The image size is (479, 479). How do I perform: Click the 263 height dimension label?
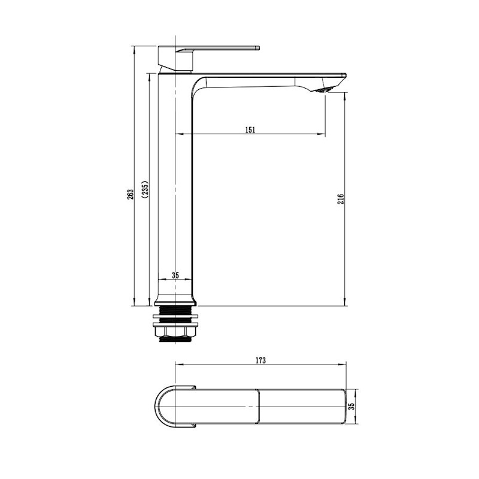(x=131, y=195)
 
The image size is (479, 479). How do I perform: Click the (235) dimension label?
(x=145, y=189)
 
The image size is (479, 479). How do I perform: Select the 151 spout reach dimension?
(x=250, y=129)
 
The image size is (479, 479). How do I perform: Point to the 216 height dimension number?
(x=341, y=199)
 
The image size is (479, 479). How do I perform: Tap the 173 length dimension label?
(x=260, y=360)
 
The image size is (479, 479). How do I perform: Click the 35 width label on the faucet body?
(x=175, y=275)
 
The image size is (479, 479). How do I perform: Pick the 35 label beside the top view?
(x=351, y=407)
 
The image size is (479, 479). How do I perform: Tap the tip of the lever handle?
(x=258, y=48)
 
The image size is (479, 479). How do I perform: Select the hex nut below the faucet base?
(x=175, y=331)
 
